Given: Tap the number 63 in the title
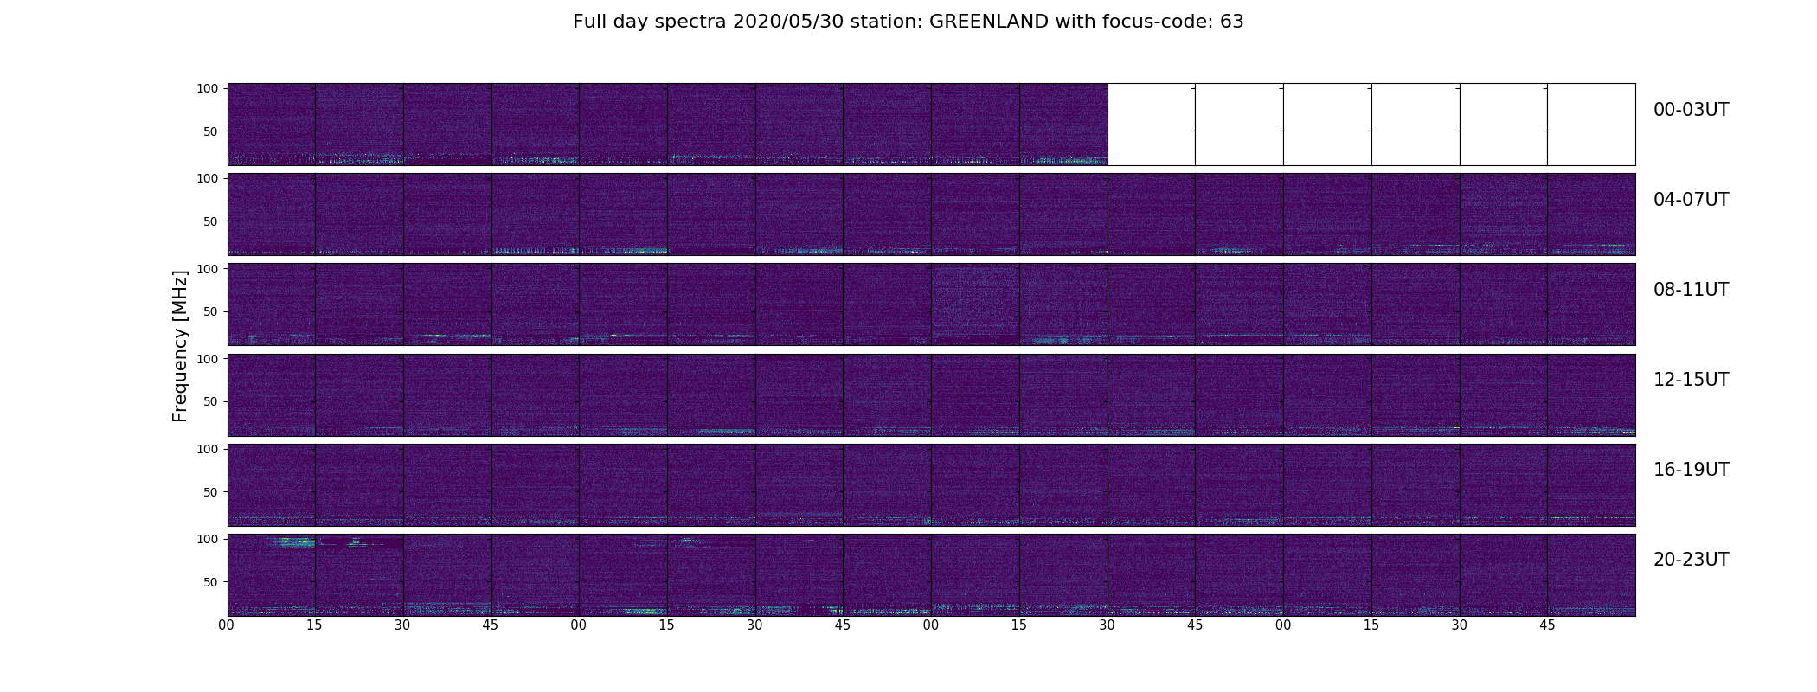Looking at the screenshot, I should tap(1232, 22).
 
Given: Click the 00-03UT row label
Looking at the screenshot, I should tap(1691, 110).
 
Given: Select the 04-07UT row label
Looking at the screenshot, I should tap(1691, 200).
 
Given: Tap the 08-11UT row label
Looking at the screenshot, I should tap(1691, 290).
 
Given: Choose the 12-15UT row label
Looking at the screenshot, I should tap(1691, 380).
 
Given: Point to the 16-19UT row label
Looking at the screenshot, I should tap(1691, 470).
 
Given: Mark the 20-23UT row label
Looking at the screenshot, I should tap(1691, 560).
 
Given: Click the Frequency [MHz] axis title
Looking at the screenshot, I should tap(180, 346).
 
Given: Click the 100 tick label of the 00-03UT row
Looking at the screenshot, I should tap(208, 88).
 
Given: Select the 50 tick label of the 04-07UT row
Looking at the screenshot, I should tap(211, 221).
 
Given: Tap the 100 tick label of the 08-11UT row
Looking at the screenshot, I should tap(208, 269).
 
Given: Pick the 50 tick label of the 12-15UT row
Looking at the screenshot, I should tap(211, 401).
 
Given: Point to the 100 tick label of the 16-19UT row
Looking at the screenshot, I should tap(208, 449).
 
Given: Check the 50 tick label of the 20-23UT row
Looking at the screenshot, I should tap(211, 582).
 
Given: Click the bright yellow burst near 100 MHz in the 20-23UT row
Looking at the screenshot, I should tap(294, 542).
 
